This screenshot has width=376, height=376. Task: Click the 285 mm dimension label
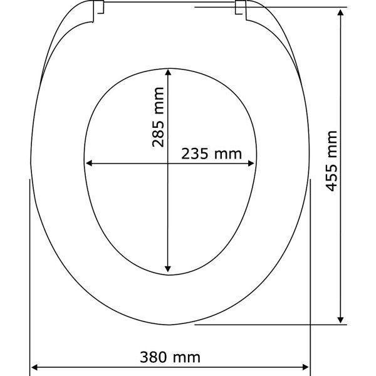pos(158,117)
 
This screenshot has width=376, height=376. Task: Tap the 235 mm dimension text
pos(211,154)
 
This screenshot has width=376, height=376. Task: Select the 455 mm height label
pos(332,161)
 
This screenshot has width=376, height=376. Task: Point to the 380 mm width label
pos(170,357)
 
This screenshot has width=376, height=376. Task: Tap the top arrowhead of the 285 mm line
pos(168,72)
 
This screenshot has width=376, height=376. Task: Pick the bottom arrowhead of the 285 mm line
pos(168,269)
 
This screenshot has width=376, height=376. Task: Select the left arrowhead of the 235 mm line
pos(89,164)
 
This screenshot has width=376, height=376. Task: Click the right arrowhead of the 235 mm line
pos(251,164)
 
